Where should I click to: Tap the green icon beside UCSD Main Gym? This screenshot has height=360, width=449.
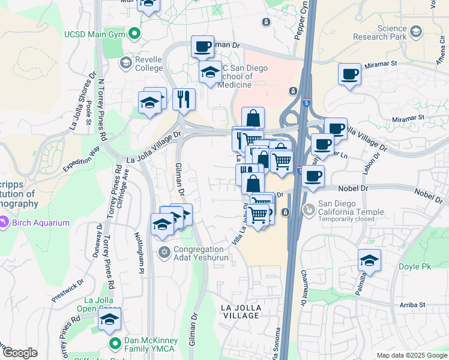(x=135, y=34)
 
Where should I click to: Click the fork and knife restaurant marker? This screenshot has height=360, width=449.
(x=184, y=99)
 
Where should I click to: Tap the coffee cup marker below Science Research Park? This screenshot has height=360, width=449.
(x=349, y=75)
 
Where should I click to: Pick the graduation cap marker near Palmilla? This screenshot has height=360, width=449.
(x=369, y=261)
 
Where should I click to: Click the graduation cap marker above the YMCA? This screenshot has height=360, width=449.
(x=109, y=320)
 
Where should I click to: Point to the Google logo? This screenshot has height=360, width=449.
(x=20, y=353)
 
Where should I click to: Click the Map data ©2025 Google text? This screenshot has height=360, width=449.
(x=412, y=355)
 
